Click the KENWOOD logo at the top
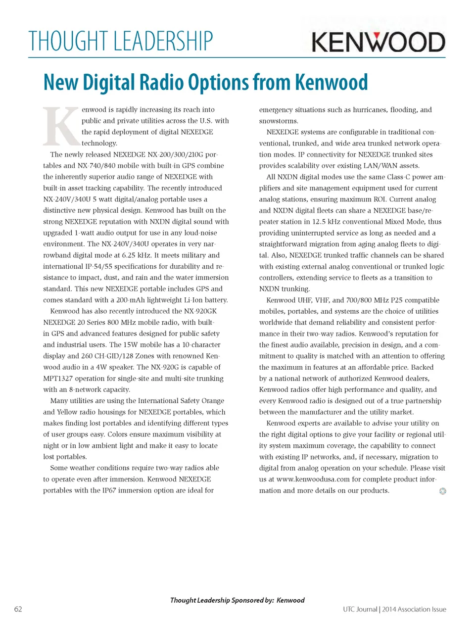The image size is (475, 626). [379, 42]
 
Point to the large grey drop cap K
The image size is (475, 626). [61, 126]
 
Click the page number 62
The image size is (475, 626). [18, 609]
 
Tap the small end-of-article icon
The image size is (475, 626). [442, 491]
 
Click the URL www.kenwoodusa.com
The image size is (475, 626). [313, 479]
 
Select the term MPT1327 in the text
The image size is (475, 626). [58, 379]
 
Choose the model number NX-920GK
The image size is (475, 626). [200, 311]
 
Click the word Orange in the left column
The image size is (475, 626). [213, 401]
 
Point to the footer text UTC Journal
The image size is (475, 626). [360, 609]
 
